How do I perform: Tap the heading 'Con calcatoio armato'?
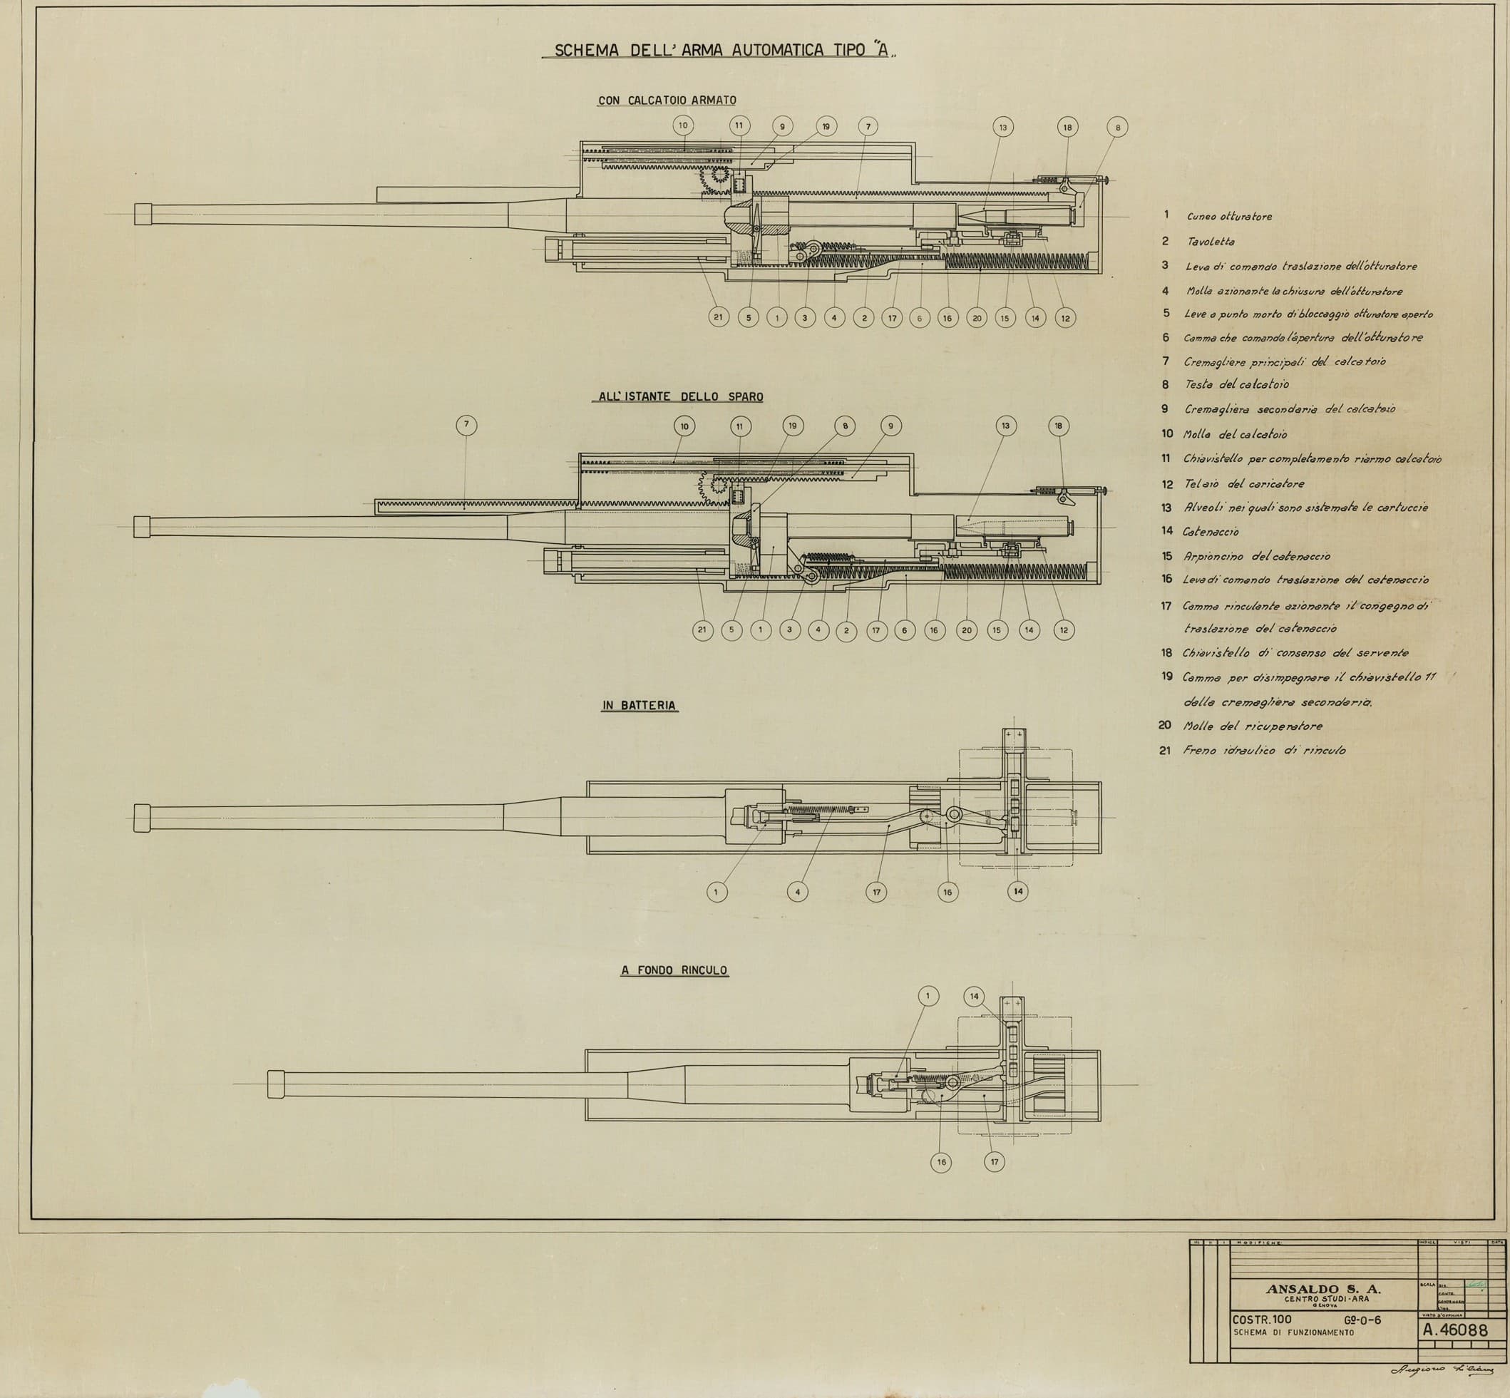pyautogui.click(x=667, y=100)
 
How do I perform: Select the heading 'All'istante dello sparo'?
pyautogui.click(x=677, y=396)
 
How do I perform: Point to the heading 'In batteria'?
pyautogui.click(x=639, y=705)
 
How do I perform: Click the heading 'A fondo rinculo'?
pyautogui.click(x=674, y=970)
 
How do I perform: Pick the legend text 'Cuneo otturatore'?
pyautogui.click(x=1229, y=216)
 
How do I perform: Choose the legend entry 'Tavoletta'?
pyautogui.click(x=1211, y=242)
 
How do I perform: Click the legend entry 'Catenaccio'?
pyautogui.click(x=1211, y=532)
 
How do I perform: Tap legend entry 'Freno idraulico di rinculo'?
pyautogui.click(x=1264, y=751)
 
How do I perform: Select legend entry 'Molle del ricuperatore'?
pyautogui.click(x=1253, y=726)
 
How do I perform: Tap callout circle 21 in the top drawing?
pyautogui.click(x=719, y=318)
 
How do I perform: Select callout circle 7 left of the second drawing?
pyautogui.click(x=467, y=425)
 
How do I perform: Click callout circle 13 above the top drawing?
pyautogui.click(x=1003, y=127)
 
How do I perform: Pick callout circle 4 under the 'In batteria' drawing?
pyautogui.click(x=797, y=892)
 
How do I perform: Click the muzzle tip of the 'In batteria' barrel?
pyautogui.click(x=140, y=818)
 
